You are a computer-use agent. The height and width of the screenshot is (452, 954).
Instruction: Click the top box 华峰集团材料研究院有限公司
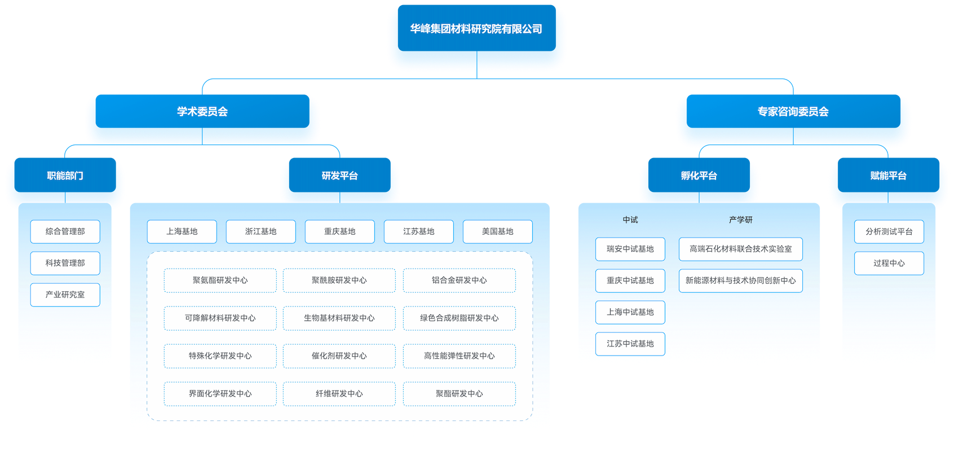coord(476,29)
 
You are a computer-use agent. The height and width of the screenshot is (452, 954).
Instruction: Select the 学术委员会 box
coord(202,112)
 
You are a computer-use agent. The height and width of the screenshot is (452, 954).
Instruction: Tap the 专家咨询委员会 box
coord(793,112)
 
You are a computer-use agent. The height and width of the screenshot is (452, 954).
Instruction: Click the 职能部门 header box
coord(65,175)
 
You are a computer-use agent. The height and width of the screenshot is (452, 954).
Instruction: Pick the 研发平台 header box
coord(339,175)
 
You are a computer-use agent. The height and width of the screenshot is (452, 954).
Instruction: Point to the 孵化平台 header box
coord(699,175)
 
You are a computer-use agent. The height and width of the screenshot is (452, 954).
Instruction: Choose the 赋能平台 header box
coord(888,175)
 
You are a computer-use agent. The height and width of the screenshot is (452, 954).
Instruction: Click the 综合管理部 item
coord(65,231)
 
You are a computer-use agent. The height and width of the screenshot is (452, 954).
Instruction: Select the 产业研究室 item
coord(65,295)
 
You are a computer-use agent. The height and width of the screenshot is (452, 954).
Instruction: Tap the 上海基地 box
coord(182,231)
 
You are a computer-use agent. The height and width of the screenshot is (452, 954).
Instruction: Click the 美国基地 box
coord(497,231)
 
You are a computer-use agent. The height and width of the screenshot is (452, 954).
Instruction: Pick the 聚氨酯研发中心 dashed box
coord(220,280)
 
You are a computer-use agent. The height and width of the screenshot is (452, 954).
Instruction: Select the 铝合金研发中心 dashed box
coord(459,280)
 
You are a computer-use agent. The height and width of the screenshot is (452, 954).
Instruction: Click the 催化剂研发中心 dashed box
coord(339,356)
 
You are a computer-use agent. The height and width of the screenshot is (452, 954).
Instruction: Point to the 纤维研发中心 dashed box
coord(339,394)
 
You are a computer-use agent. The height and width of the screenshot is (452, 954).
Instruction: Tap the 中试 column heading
coord(630,220)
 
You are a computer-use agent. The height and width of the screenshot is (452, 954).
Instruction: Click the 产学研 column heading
coord(740,220)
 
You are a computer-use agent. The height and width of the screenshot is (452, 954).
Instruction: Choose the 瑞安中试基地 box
coord(630,249)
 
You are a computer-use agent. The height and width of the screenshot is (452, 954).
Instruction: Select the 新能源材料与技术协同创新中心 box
coord(740,280)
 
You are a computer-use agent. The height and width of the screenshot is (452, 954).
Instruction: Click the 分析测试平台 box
coord(889,231)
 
